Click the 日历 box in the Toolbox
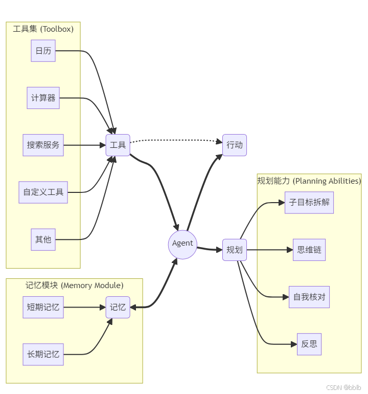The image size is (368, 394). click(43, 51)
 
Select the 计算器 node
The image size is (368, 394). click(43, 98)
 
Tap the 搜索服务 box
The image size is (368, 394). click(43, 145)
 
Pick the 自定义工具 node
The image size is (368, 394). click(43, 192)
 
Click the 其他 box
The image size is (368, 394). click(43, 239)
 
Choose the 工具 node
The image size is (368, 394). click(118, 145)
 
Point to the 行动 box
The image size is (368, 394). click(235, 145)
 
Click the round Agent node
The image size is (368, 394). click(182, 244)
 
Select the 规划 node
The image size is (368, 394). click(235, 250)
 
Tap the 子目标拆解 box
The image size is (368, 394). click(309, 202)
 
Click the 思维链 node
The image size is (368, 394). click(309, 250)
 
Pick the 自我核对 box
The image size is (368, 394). click(309, 297)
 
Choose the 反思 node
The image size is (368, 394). click(309, 344)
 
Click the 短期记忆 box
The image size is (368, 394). click(43, 308)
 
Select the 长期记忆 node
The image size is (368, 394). click(43, 354)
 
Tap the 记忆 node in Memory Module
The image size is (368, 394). click(118, 308)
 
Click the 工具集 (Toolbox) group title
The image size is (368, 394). click(43, 29)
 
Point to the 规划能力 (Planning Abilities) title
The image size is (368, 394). click(309, 181)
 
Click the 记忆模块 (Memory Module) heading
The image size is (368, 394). click(74, 286)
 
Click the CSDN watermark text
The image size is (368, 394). click(343, 387)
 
